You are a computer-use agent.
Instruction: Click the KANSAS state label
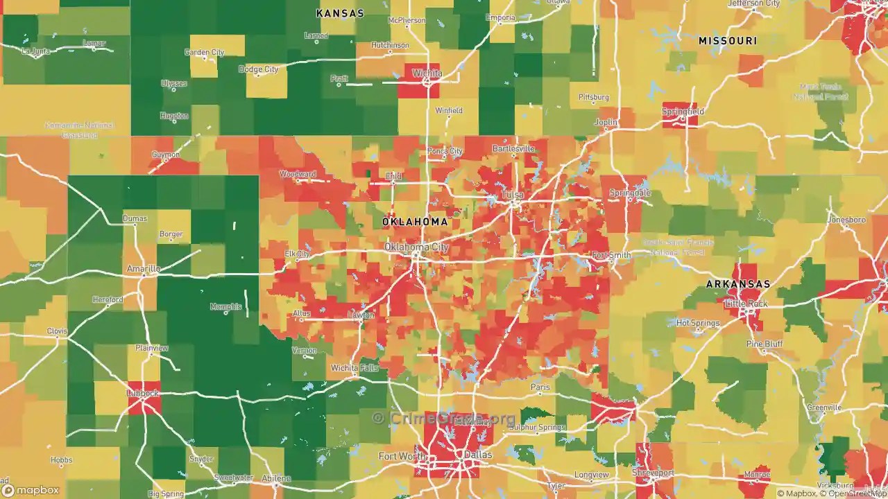click(340, 13)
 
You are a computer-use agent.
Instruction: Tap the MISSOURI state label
click(727, 41)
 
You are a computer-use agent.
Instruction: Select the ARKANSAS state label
click(738, 284)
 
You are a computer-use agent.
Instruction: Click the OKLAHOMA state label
click(415, 222)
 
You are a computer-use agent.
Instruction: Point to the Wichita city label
click(427, 73)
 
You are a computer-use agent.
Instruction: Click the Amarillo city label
click(144, 268)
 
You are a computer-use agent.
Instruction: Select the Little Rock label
click(746, 304)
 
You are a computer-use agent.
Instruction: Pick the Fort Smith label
click(611, 255)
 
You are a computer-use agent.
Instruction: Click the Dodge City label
click(258, 69)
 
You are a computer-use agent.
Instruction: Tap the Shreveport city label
click(653, 473)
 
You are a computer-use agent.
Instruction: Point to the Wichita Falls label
click(355, 367)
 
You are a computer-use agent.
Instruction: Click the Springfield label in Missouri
click(683, 111)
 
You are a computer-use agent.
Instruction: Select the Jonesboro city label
click(846, 220)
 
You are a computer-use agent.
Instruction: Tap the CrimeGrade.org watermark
click(444, 418)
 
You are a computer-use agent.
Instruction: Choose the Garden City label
click(204, 52)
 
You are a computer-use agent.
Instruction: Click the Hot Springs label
click(697, 323)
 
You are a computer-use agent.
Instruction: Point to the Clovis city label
click(57, 331)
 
